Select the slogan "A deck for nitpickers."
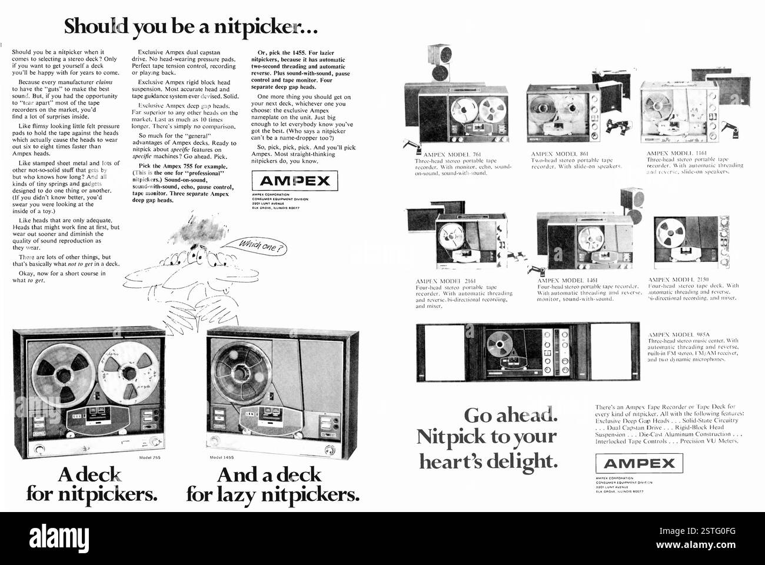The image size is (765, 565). (91, 484)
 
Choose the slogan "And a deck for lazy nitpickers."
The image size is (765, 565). (272, 484)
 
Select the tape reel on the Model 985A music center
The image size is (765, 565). (502, 343)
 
